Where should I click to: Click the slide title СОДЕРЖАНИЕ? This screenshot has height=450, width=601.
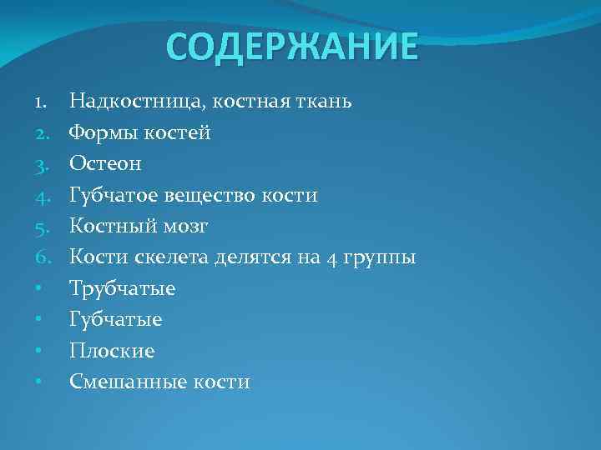pyautogui.click(x=291, y=47)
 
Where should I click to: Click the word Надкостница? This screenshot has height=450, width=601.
pyautogui.click(x=137, y=102)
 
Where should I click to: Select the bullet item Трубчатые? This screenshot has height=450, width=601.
pyautogui.click(x=123, y=289)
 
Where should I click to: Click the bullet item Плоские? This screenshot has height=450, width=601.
pyautogui.click(x=112, y=351)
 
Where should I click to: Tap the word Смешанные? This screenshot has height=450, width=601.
pyautogui.click(x=126, y=382)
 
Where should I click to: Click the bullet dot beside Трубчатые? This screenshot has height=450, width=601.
pyautogui.click(x=40, y=289)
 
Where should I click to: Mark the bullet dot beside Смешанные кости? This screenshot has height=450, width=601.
pyautogui.click(x=40, y=382)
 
